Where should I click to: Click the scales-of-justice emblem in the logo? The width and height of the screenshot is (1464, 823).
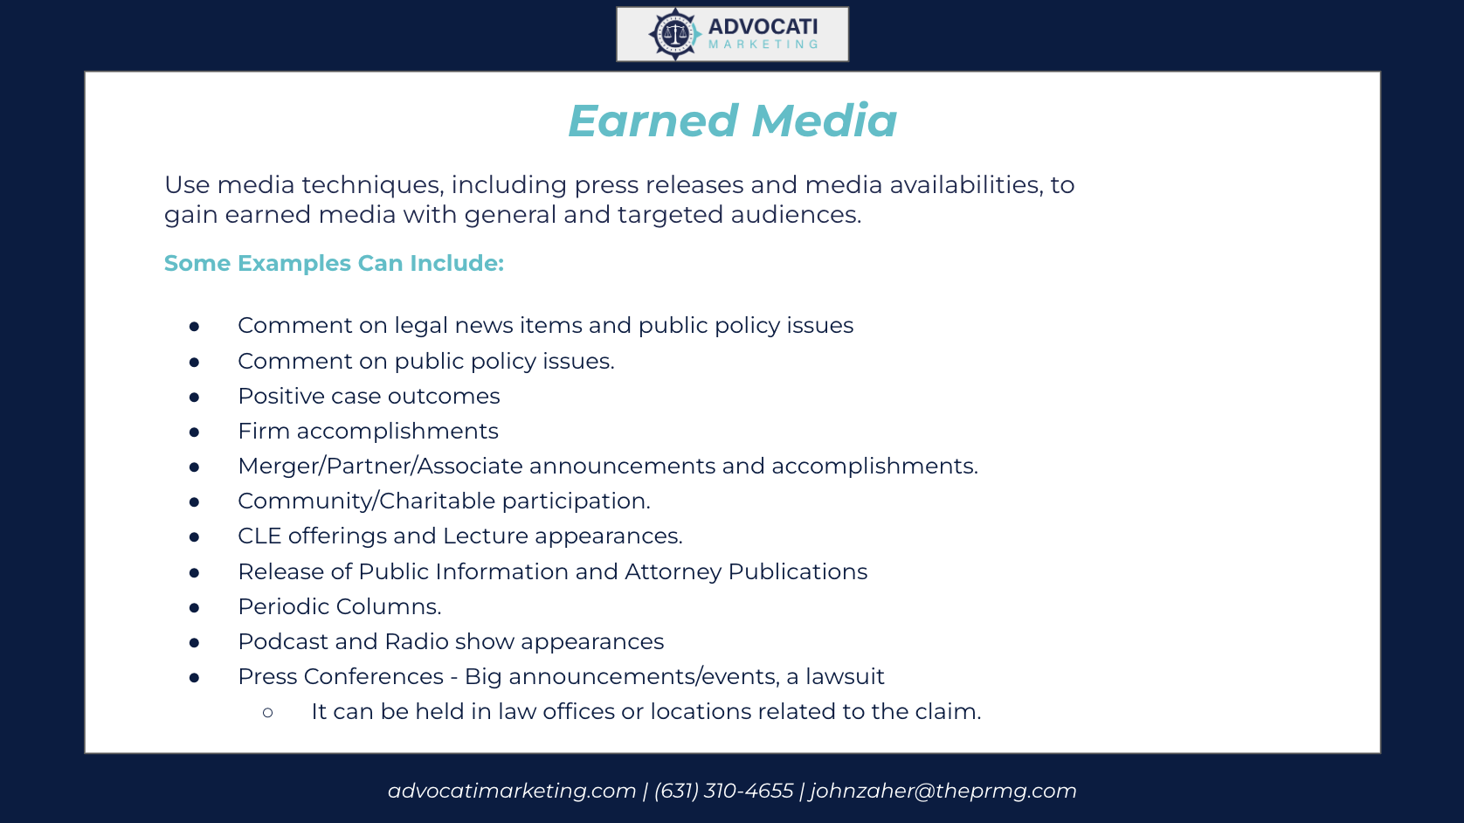coord(674,34)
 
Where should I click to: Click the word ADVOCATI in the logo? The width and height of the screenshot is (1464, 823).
coord(763,27)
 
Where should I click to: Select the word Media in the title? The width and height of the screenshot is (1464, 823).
coord(824,121)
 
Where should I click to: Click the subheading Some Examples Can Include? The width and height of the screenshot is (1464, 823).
coord(334,263)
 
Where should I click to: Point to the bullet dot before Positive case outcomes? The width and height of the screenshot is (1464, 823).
coord(194,397)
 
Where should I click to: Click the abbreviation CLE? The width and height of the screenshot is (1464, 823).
coord(259,536)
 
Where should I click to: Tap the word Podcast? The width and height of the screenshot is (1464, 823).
coord(282,641)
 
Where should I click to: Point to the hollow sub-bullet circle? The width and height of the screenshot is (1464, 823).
coord(268,713)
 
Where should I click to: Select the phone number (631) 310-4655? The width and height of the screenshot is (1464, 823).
coord(723,791)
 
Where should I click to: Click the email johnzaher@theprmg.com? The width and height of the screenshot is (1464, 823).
coord(943,791)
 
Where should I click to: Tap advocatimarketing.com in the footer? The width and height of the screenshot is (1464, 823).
coord(512,791)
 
